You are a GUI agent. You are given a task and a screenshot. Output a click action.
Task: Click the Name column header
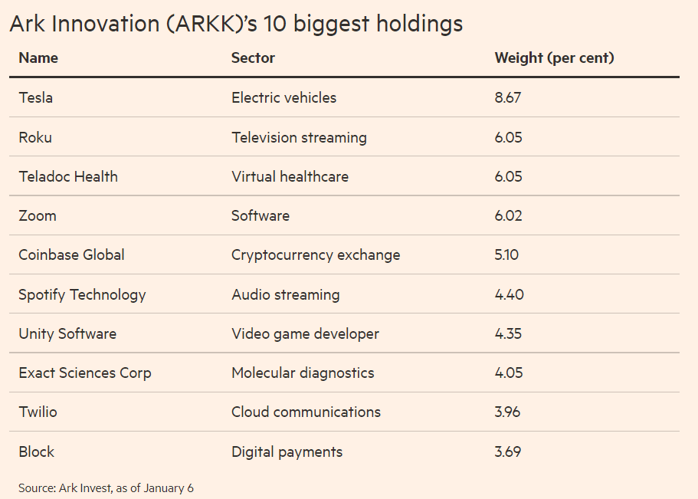point(38,57)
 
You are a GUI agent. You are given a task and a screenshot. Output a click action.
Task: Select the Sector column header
point(253,57)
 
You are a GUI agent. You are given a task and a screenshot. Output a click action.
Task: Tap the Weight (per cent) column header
point(554,57)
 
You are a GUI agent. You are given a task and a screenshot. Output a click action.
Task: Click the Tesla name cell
point(36,97)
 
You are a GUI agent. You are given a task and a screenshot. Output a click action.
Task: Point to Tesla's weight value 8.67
point(508,97)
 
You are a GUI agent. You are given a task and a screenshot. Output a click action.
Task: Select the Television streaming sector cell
point(299,137)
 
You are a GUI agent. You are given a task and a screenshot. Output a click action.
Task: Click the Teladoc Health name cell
point(68,176)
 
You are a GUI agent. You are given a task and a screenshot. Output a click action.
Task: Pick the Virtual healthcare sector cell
point(290,176)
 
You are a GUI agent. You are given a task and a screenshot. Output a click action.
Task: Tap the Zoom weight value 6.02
point(508,215)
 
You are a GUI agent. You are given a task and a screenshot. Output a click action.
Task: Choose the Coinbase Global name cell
point(71,254)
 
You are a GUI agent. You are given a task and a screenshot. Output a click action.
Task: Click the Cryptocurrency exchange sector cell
point(316,254)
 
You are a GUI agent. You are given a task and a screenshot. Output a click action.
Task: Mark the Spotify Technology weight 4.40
point(509,294)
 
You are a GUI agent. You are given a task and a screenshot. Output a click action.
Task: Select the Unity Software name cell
point(67,333)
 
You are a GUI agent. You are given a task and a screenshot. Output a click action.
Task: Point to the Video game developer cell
point(305,333)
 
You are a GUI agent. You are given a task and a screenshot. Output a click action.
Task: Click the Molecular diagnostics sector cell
point(303,373)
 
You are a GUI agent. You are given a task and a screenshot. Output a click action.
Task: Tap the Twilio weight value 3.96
point(507,412)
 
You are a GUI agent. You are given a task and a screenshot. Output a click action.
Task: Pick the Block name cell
point(36,451)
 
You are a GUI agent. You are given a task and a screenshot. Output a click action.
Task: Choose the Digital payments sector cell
point(287,451)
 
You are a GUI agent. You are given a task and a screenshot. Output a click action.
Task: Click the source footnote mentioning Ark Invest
point(107,488)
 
